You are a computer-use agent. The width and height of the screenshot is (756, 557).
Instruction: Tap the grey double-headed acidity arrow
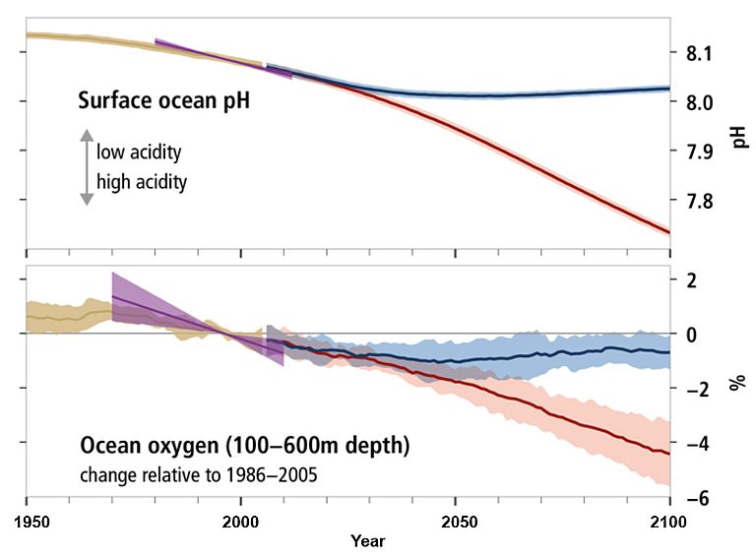[87, 167]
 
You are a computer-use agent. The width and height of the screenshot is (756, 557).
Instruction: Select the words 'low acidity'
[139, 153]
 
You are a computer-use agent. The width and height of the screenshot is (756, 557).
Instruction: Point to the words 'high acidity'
[142, 181]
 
